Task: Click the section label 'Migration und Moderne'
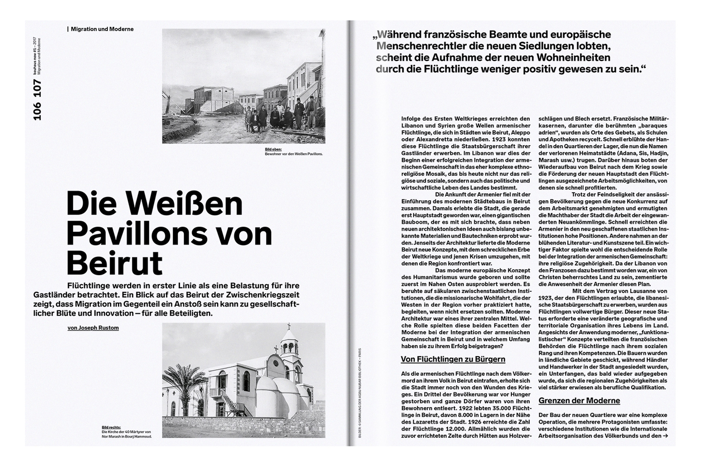[102, 29]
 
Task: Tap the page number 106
[37, 111]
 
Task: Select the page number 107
[37, 88]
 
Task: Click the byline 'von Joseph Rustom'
[93, 328]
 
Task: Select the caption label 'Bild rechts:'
[111, 427]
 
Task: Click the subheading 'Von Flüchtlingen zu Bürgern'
[453, 359]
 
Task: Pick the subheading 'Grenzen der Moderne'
[579, 400]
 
